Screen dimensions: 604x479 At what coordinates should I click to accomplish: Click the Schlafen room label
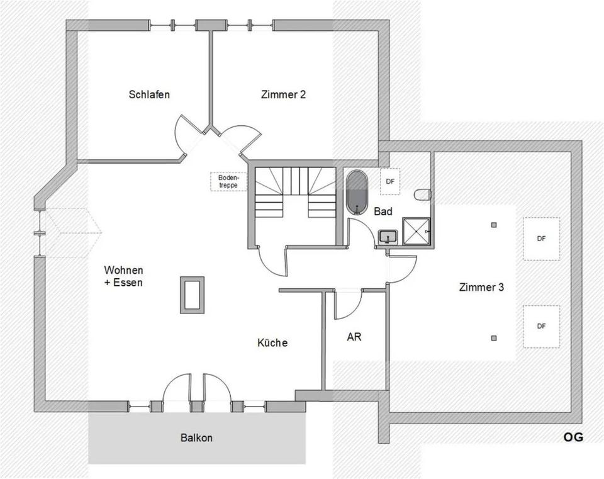tap(149, 95)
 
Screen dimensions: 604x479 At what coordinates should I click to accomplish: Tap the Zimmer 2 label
tap(283, 95)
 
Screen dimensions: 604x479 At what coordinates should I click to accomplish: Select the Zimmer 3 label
tap(481, 287)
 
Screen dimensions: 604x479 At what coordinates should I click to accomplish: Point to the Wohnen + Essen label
tap(123, 276)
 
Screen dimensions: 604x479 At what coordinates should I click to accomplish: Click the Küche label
tap(272, 343)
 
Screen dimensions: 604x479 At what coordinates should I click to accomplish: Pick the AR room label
tap(354, 337)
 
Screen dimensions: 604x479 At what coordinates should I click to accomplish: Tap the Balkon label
tap(196, 437)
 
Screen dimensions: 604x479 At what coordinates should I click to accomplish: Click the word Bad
tap(383, 211)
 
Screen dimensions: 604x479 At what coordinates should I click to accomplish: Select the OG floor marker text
tap(573, 437)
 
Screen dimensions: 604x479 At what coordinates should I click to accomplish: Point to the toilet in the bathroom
tap(423, 194)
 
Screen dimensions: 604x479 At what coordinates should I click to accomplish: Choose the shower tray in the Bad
tap(416, 232)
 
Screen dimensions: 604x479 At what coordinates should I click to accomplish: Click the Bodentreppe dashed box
tap(228, 181)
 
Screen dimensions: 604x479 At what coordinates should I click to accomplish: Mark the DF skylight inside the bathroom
tap(390, 181)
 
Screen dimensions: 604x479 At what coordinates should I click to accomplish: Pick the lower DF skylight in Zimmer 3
tap(541, 326)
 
